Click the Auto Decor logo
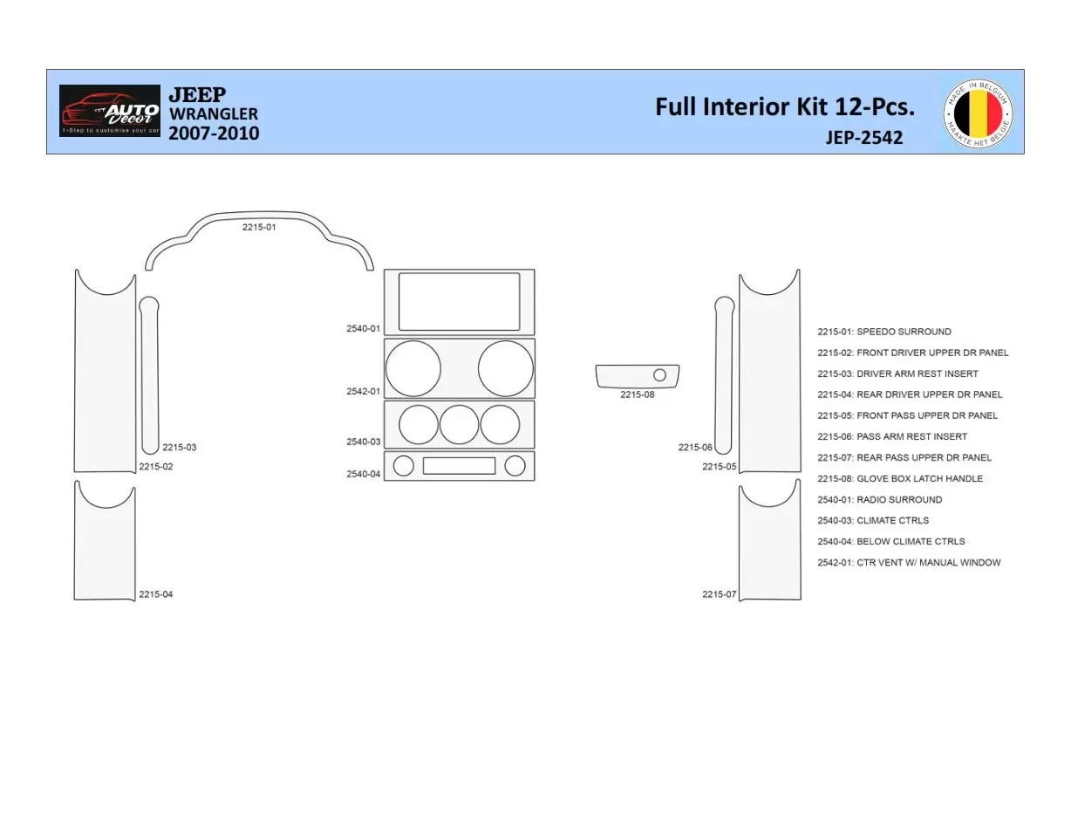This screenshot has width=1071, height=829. [110, 111]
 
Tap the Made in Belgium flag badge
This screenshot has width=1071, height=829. [978, 113]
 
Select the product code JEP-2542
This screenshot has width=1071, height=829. [863, 137]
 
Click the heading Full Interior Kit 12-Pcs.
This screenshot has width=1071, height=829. [784, 106]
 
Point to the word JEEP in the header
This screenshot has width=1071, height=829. [196, 94]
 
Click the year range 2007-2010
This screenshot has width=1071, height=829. [213, 134]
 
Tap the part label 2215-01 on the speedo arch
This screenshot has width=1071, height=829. [259, 227]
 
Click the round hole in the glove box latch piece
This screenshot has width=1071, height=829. [659, 375]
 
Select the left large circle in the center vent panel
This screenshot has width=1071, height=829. [413, 368]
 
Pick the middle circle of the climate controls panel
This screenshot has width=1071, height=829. [459, 425]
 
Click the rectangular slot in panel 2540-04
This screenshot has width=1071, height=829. [459, 466]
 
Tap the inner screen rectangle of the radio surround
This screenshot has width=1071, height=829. [459, 302]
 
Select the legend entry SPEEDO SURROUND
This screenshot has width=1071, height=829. [883, 332]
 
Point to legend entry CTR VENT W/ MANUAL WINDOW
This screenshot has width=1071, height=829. [908, 563]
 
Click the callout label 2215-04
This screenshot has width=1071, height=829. [155, 594]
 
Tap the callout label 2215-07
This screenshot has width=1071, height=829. [719, 594]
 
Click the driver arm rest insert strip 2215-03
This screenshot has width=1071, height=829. [149, 375]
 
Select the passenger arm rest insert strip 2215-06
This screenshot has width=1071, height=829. [723, 375]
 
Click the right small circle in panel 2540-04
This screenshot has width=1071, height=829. [515, 466]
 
